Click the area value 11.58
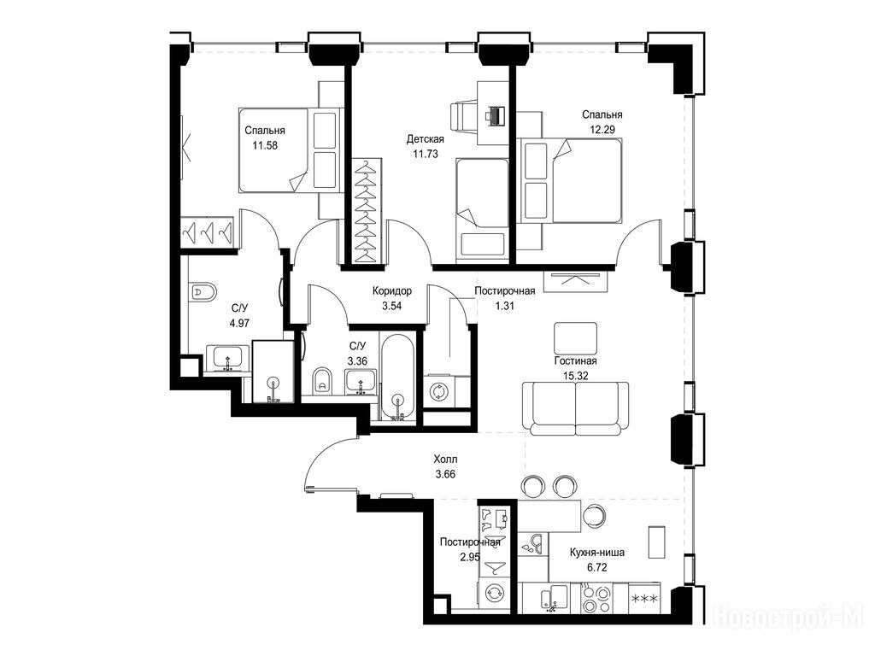pos(265,145)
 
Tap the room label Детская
pos(426,139)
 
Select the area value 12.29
pos(602,130)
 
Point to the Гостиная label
pos(575,361)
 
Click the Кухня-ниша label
pos(597,553)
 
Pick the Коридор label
pos(392,291)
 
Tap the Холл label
pos(445,460)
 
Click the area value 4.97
pos(240,322)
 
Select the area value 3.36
pos(357,361)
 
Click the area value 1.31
pos(504,306)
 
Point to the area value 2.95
pos(470,556)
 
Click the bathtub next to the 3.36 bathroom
pos(397,377)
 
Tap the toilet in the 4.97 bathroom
pos(202,292)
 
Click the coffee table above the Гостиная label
pos(575,338)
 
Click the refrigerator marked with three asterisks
pos(644,599)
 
